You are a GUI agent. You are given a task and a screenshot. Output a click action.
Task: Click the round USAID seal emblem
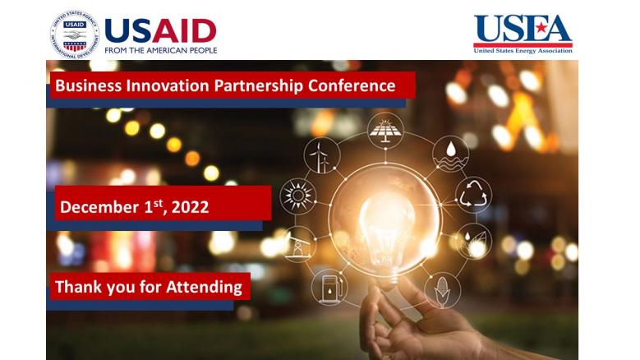click(x=75, y=35)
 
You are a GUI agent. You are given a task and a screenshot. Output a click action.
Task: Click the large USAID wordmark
click(x=160, y=31)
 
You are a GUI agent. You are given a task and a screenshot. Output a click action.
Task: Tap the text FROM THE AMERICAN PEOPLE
click(x=161, y=50)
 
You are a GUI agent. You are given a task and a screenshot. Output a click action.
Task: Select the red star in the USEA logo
click(x=541, y=28)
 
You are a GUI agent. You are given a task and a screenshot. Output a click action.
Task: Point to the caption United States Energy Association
click(x=523, y=51)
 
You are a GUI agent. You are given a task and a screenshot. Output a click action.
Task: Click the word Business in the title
click(x=88, y=85)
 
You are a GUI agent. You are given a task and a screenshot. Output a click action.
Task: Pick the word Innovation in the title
click(x=168, y=85)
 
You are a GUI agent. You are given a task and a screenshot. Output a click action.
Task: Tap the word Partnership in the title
click(x=258, y=86)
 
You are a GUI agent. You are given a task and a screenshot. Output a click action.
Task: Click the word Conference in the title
click(x=352, y=85)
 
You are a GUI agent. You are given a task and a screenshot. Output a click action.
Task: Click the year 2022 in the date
click(x=191, y=207)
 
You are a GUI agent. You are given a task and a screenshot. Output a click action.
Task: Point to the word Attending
click(x=204, y=287)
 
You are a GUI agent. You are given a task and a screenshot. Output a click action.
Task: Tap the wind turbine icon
click(x=321, y=155)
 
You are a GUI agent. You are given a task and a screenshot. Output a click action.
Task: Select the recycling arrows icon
click(x=473, y=195)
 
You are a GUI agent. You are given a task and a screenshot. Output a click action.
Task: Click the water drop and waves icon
click(x=450, y=154)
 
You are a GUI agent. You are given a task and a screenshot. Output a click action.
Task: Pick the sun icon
click(x=298, y=196)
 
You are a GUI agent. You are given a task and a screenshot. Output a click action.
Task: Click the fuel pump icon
click(x=329, y=287)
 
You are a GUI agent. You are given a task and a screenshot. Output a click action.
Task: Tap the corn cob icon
click(x=443, y=290)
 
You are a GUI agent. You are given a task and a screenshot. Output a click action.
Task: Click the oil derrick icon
click(x=299, y=244)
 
